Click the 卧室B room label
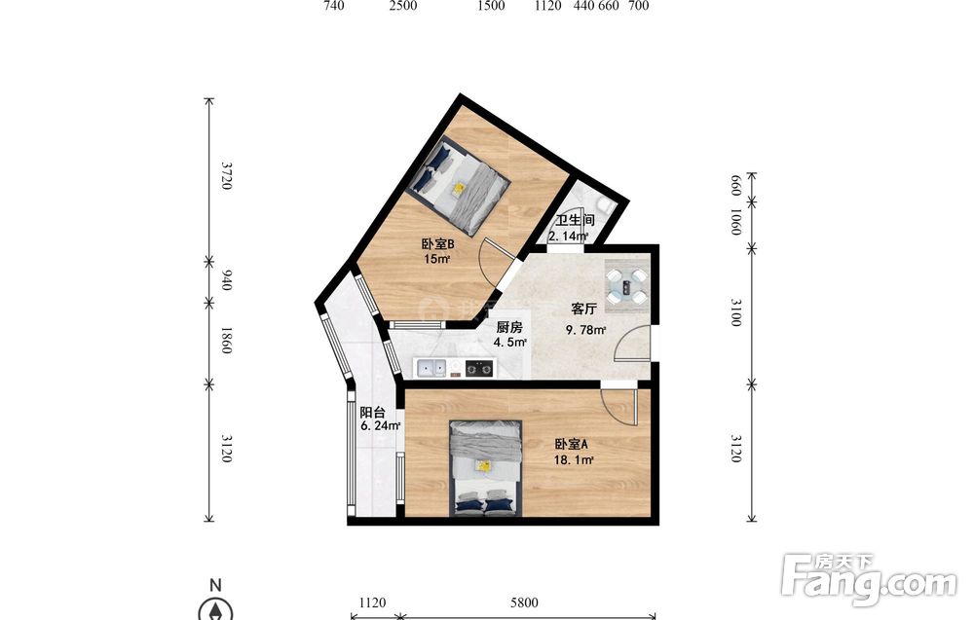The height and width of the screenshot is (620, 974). [x=438, y=244]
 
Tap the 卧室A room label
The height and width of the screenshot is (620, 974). [x=571, y=445]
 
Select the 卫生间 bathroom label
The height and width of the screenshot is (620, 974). [x=576, y=220]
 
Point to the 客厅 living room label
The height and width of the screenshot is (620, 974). [x=583, y=309]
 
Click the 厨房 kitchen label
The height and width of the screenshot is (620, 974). [x=508, y=327]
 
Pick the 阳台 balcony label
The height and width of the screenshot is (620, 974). [x=373, y=412]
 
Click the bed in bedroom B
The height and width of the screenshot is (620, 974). [x=460, y=186]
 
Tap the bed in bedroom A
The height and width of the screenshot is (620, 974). [x=486, y=468]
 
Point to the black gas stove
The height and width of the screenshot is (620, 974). [x=479, y=369]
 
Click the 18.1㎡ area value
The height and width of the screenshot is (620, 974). [x=574, y=459]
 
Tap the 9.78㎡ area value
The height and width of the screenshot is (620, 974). [x=585, y=330]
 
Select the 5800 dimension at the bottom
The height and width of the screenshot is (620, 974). [x=524, y=602]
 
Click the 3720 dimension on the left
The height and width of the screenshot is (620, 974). [x=227, y=175]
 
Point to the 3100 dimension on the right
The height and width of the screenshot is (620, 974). [x=735, y=312]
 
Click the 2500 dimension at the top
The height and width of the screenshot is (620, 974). [x=403, y=6]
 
